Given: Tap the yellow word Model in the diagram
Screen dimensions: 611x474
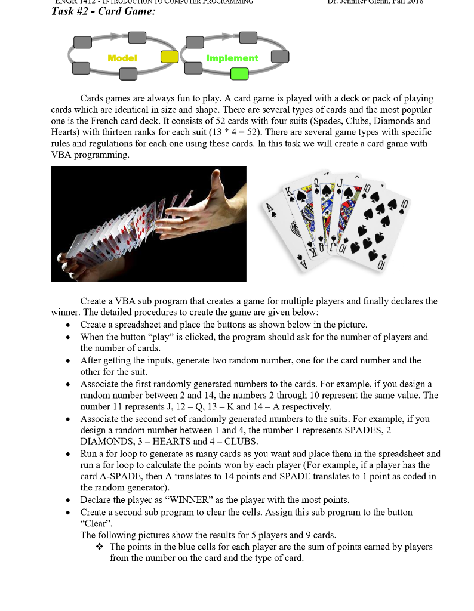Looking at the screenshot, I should tap(122, 58).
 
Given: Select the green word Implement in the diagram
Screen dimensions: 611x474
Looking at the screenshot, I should tap(232, 58).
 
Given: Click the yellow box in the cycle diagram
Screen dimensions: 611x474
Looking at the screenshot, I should tap(170, 57).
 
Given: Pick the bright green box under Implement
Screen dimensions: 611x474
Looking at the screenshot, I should tap(239, 74).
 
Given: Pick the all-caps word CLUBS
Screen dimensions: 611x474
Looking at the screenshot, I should tap(241, 442).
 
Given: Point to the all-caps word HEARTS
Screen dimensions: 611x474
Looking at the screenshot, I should tap(177, 442).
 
